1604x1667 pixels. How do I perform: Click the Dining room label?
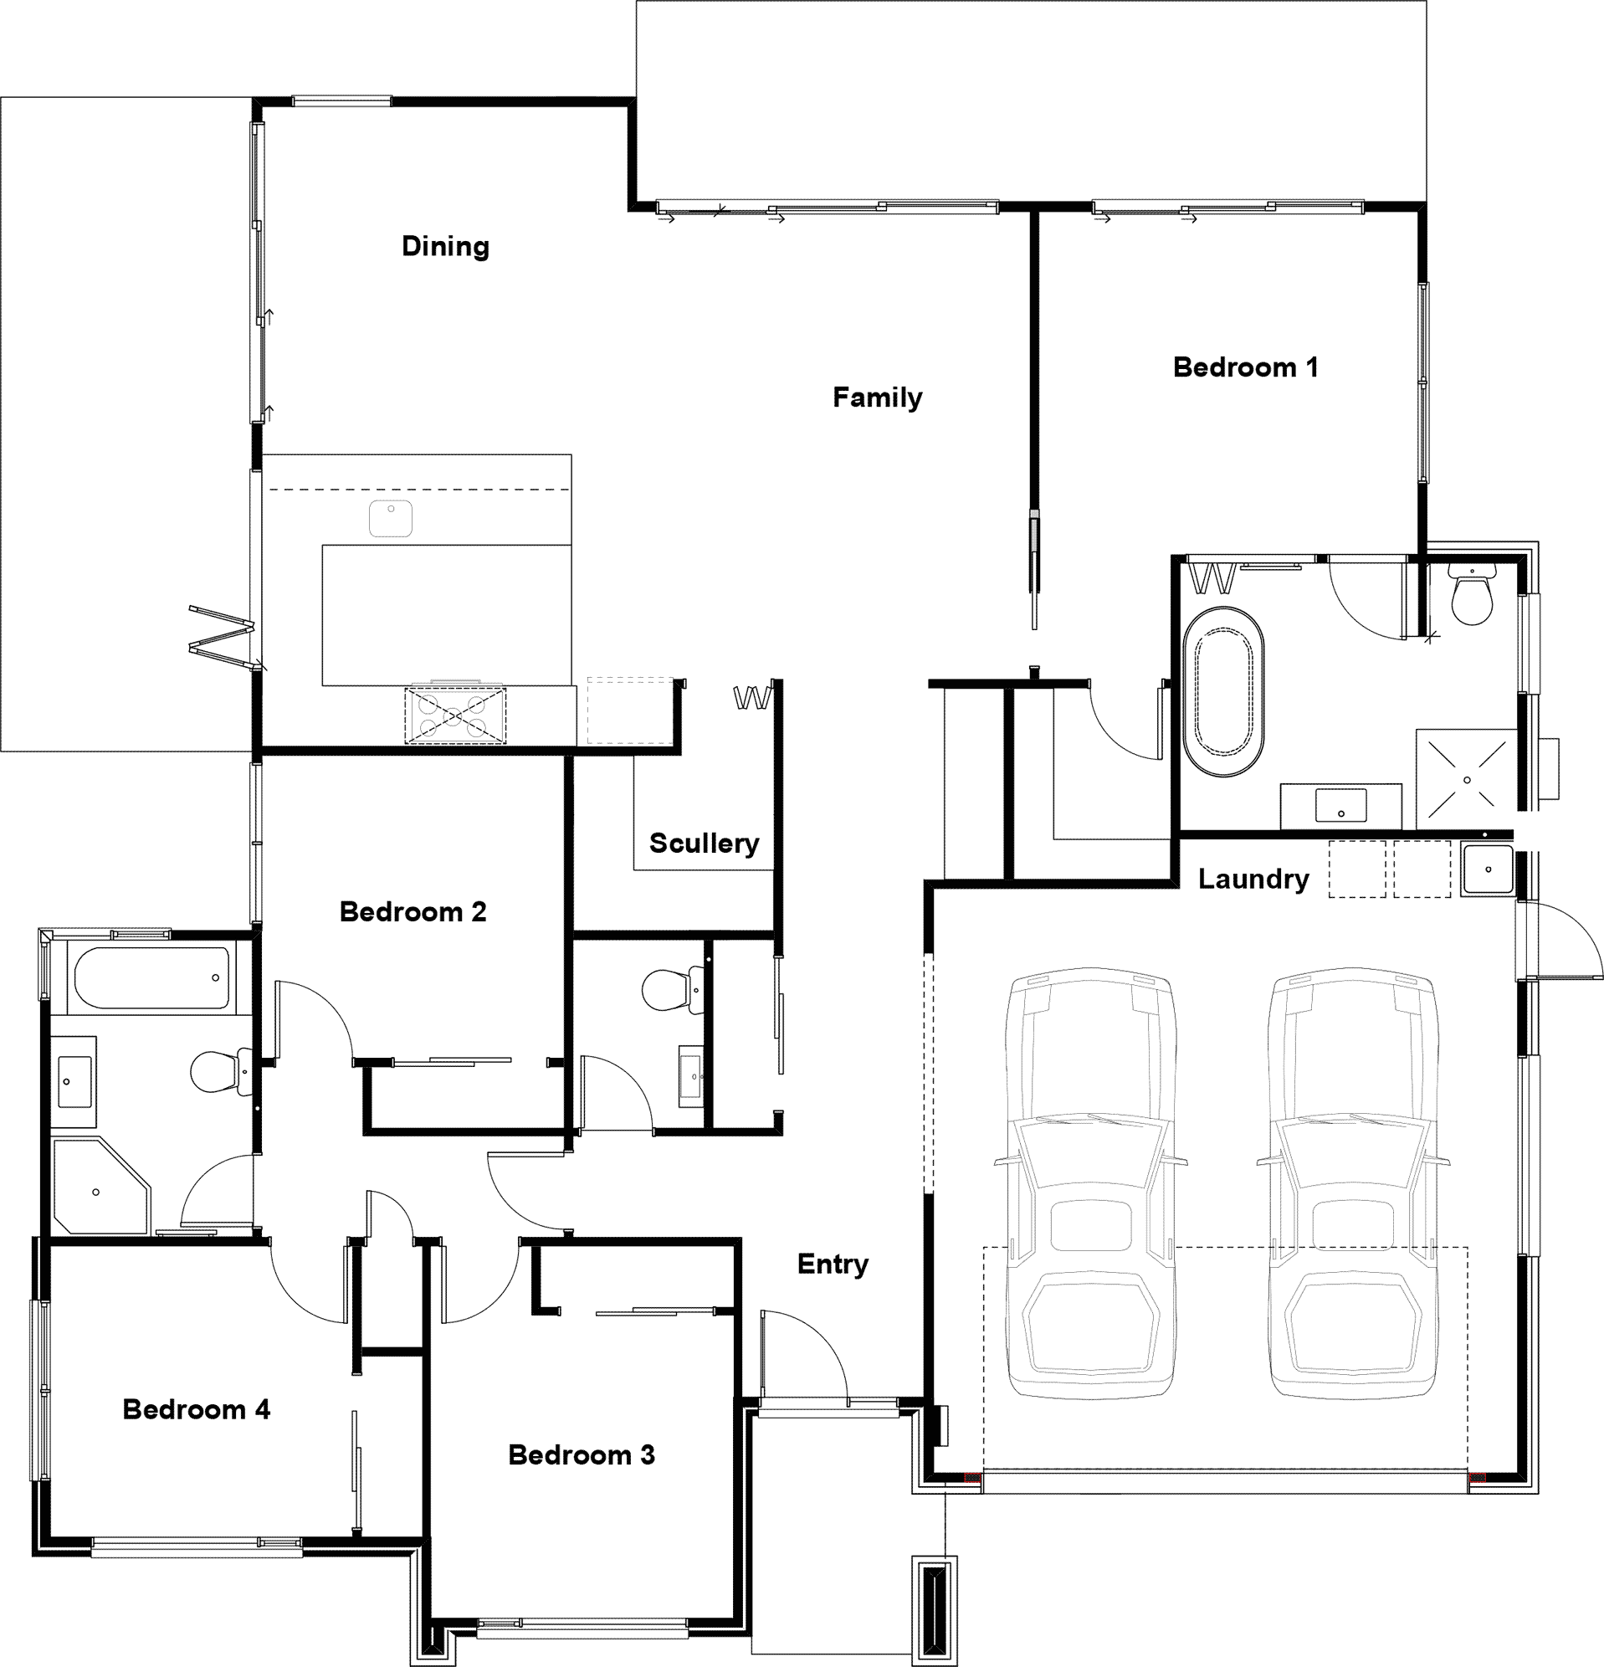click(x=446, y=247)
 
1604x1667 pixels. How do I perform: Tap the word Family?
click(x=877, y=398)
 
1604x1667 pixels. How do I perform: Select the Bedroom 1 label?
click(x=1245, y=367)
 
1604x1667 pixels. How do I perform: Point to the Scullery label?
click(x=705, y=844)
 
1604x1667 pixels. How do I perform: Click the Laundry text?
click(x=1253, y=880)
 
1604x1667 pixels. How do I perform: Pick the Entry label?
click(x=833, y=1264)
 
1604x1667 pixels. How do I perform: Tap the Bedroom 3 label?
click(x=582, y=1455)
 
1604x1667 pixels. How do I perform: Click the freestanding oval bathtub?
click(x=1223, y=691)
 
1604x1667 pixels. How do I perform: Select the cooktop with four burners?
click(x=454, y=716)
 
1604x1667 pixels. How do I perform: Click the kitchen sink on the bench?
click(x=391, y=518)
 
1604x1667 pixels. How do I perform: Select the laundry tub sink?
click(x=1488, y=869)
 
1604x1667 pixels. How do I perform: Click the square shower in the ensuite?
click(x=1467, y=779)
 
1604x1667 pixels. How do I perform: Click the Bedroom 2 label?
click(x=413, y=913)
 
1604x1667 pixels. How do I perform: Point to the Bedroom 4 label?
click(x=197, y=1410)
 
